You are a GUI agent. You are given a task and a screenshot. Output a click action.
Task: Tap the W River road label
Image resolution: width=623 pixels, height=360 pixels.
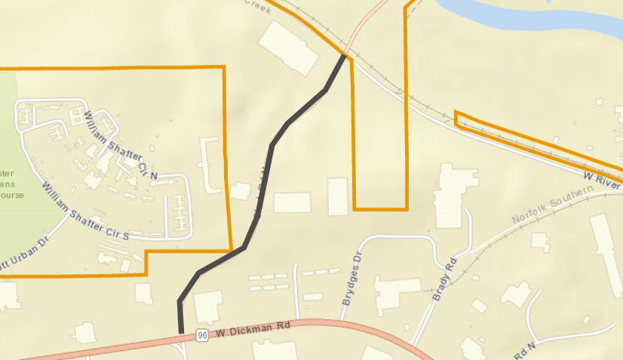click(602, 178)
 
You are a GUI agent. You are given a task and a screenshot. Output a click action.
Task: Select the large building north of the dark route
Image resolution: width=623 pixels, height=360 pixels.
click(290, 48)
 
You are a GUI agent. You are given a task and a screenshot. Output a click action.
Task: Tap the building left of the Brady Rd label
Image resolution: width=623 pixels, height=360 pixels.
click(397, 295)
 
